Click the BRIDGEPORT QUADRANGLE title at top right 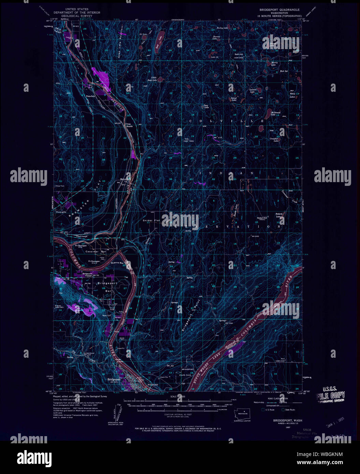[x=279, y=10]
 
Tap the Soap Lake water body [x=158, y=41]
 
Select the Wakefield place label [x=90, y=97]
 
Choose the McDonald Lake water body [x=261, y=129]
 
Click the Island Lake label [x=234, y=99]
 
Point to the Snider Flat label [x=151, y=221]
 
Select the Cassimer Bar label [x=92, y=252]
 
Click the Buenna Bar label [x=117, y=263]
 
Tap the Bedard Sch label [x=262, y=218]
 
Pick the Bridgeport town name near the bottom [x=114, y=380]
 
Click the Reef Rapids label [x=153, y=384]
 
